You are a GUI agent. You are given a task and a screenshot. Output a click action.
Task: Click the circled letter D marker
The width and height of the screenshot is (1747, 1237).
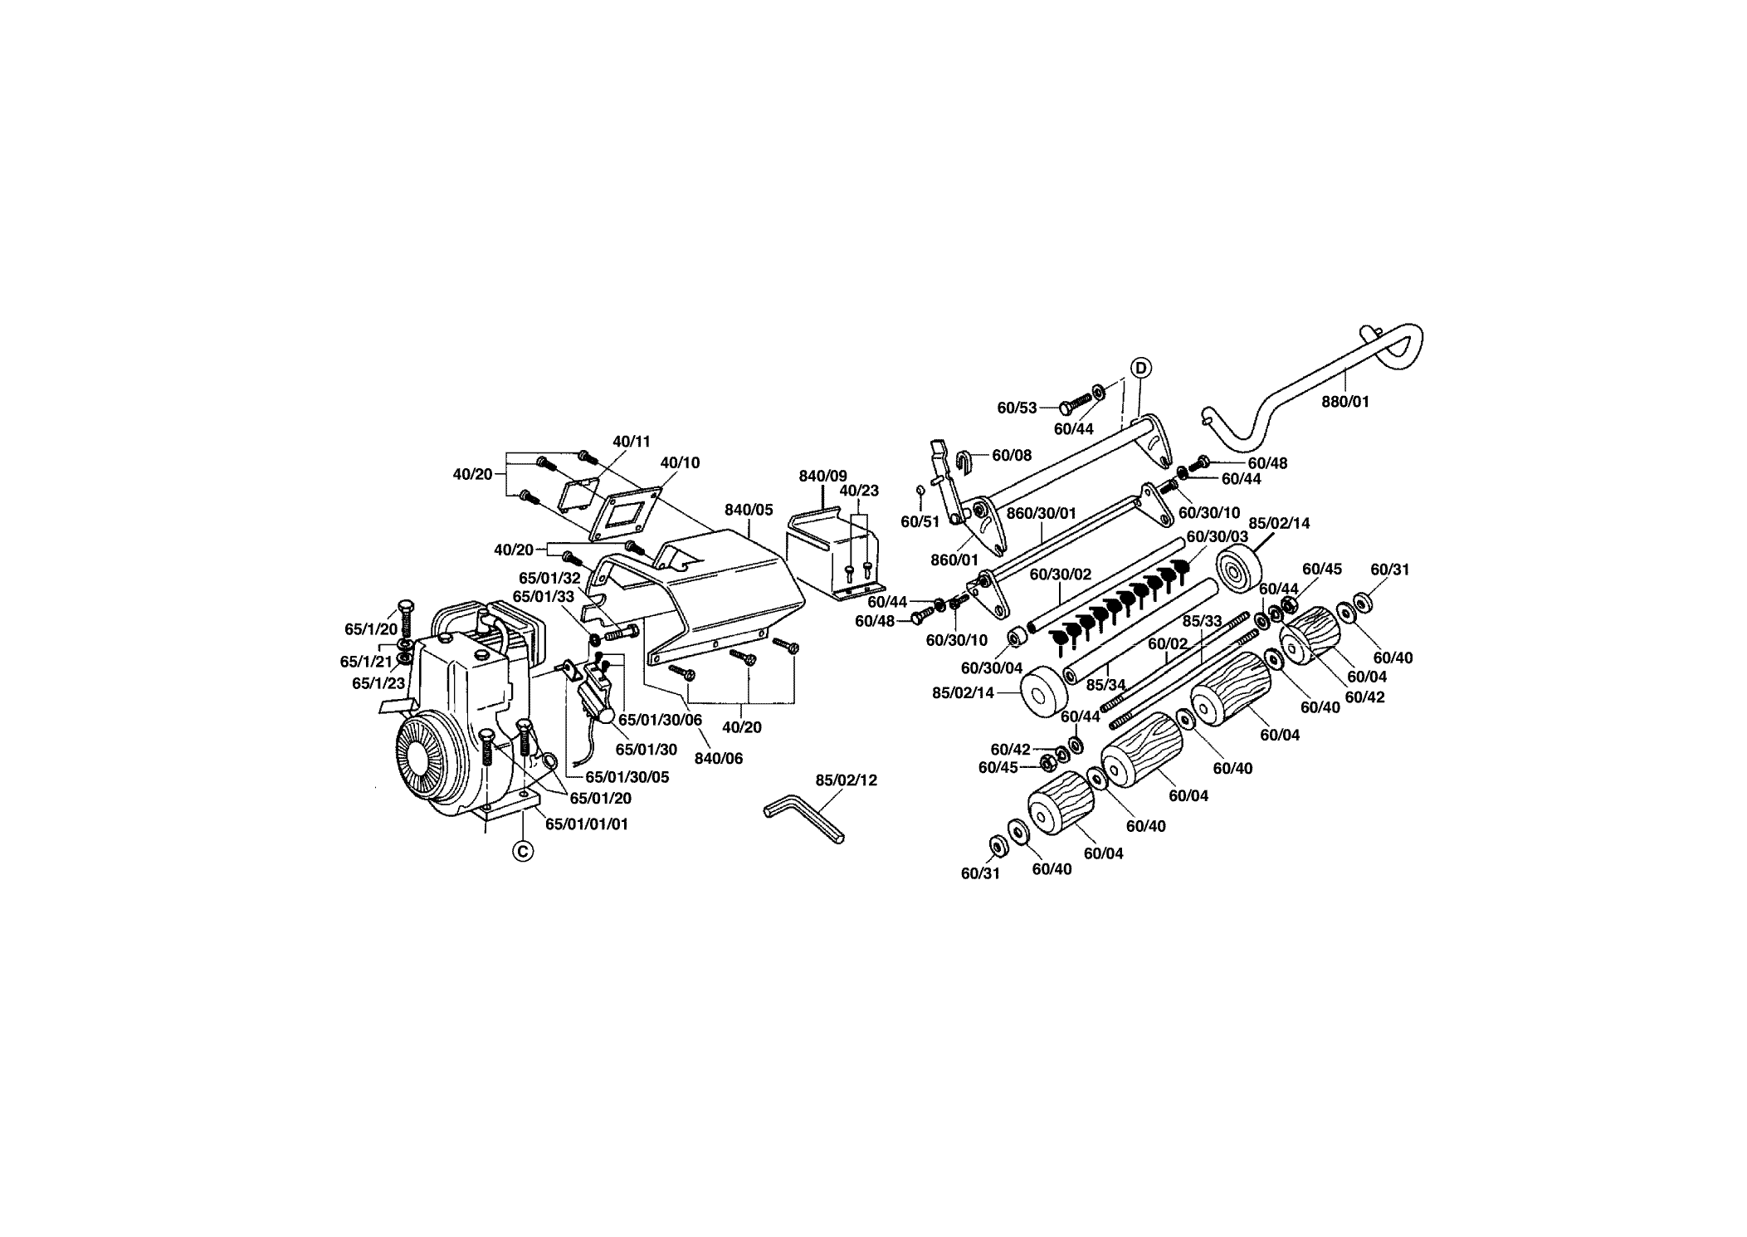tap(1140, 368)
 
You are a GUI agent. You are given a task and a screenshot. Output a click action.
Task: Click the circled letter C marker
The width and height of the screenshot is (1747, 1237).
tap(522, 851)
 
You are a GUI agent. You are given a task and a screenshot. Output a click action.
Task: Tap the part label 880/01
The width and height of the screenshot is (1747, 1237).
tap(1345, 402)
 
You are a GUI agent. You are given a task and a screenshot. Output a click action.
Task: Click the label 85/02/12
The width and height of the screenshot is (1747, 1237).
tap(846, 780)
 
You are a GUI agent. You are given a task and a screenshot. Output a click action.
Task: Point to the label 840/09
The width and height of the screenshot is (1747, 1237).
tap(822, 477)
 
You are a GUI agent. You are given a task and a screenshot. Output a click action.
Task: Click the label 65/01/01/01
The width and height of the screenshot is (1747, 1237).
tap(587, 824)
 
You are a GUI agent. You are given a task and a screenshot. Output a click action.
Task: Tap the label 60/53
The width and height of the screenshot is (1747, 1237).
tap(1017, 408)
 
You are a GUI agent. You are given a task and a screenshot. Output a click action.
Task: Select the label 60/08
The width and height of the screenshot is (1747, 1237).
tap(1012, 455)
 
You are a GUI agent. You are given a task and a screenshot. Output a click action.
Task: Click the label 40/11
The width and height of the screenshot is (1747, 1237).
tap(632, 442)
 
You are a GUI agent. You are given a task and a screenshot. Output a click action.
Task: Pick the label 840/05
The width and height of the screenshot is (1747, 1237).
tap(749, 511)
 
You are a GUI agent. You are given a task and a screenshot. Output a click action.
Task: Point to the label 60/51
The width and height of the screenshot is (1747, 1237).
tap(920, 521)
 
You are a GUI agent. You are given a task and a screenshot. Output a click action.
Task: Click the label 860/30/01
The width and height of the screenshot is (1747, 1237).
tap(1041, 513)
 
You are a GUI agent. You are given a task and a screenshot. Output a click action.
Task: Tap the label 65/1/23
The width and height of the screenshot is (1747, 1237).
tap(378, 683)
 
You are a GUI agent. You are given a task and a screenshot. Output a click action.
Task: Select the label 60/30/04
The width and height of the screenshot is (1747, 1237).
tap(992, 667)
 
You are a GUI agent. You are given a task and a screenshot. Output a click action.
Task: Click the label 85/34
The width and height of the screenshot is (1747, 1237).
tap(1105, 685)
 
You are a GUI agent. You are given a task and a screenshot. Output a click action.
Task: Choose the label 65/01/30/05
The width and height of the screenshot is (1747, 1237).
tap(627, 778)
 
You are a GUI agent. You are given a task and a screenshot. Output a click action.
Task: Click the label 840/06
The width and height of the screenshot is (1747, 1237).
tap(718, 758)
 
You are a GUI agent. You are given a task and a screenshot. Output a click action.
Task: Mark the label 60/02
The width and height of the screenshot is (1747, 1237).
tap(1168, 643)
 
